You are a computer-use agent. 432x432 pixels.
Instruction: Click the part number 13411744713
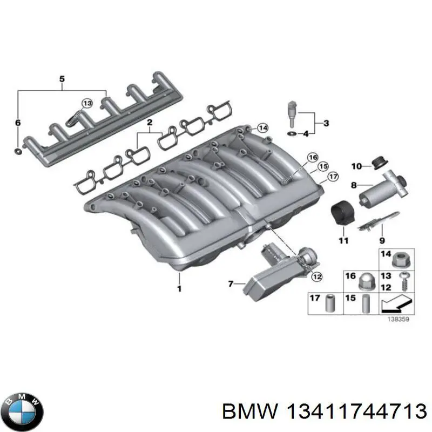click(x=325, y=412)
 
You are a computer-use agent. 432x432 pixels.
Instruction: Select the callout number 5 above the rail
click(x=62, y=80)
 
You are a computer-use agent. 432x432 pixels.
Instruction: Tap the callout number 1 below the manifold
click(x=179, y=288)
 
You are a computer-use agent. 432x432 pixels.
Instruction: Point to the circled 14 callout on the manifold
click(x=262, y=128)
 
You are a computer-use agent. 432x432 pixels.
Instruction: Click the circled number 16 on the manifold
click(x=313, y=158)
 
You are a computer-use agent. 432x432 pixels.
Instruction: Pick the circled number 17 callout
click(x=333, y=176)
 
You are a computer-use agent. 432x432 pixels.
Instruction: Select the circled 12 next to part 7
click(x=316, y=276)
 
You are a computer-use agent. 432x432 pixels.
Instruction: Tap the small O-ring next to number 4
click(x=292, y=133)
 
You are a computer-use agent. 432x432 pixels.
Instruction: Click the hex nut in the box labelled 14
click(x=401, y=260)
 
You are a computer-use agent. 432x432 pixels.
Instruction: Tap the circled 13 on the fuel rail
click(x=87, y=104)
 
